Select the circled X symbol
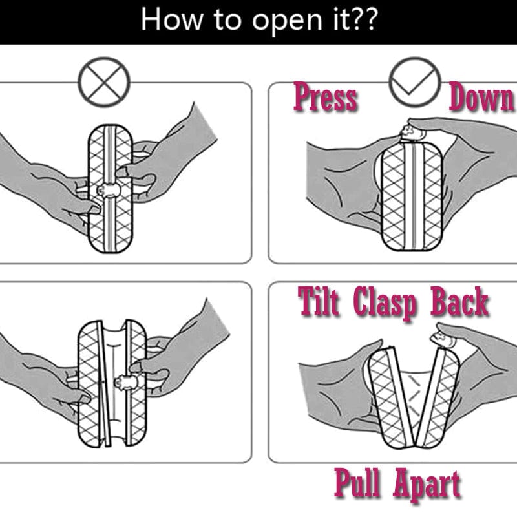(103, 83)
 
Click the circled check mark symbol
(414, 83)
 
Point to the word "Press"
(325, 98)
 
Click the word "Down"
(482, 98)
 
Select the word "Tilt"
(319, 302)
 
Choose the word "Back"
(460, 302)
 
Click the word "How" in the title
(167, 19)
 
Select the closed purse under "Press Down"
(411, 194)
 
